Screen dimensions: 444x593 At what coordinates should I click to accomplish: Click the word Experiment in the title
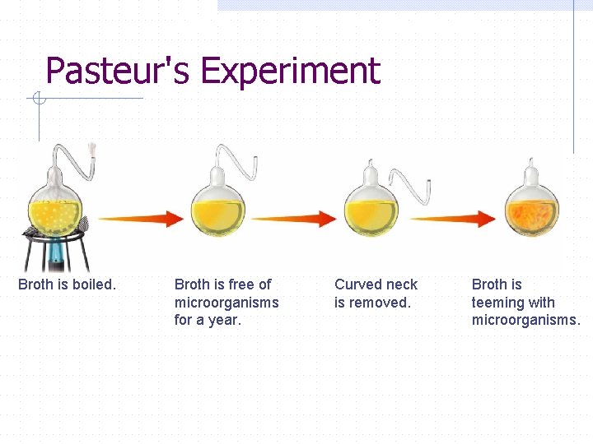coord(290,72)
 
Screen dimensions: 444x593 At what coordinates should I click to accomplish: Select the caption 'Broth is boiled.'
coord(68,284)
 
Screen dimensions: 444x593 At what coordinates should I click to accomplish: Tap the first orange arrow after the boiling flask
coord(140,218)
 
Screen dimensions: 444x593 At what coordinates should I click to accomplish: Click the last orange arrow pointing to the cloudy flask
coord(453,219)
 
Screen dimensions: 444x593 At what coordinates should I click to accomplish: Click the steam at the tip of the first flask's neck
coord(93,150)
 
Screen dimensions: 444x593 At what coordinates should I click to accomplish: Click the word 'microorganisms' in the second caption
coord(226,303)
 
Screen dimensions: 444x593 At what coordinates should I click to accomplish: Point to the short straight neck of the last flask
coord(533,173)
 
